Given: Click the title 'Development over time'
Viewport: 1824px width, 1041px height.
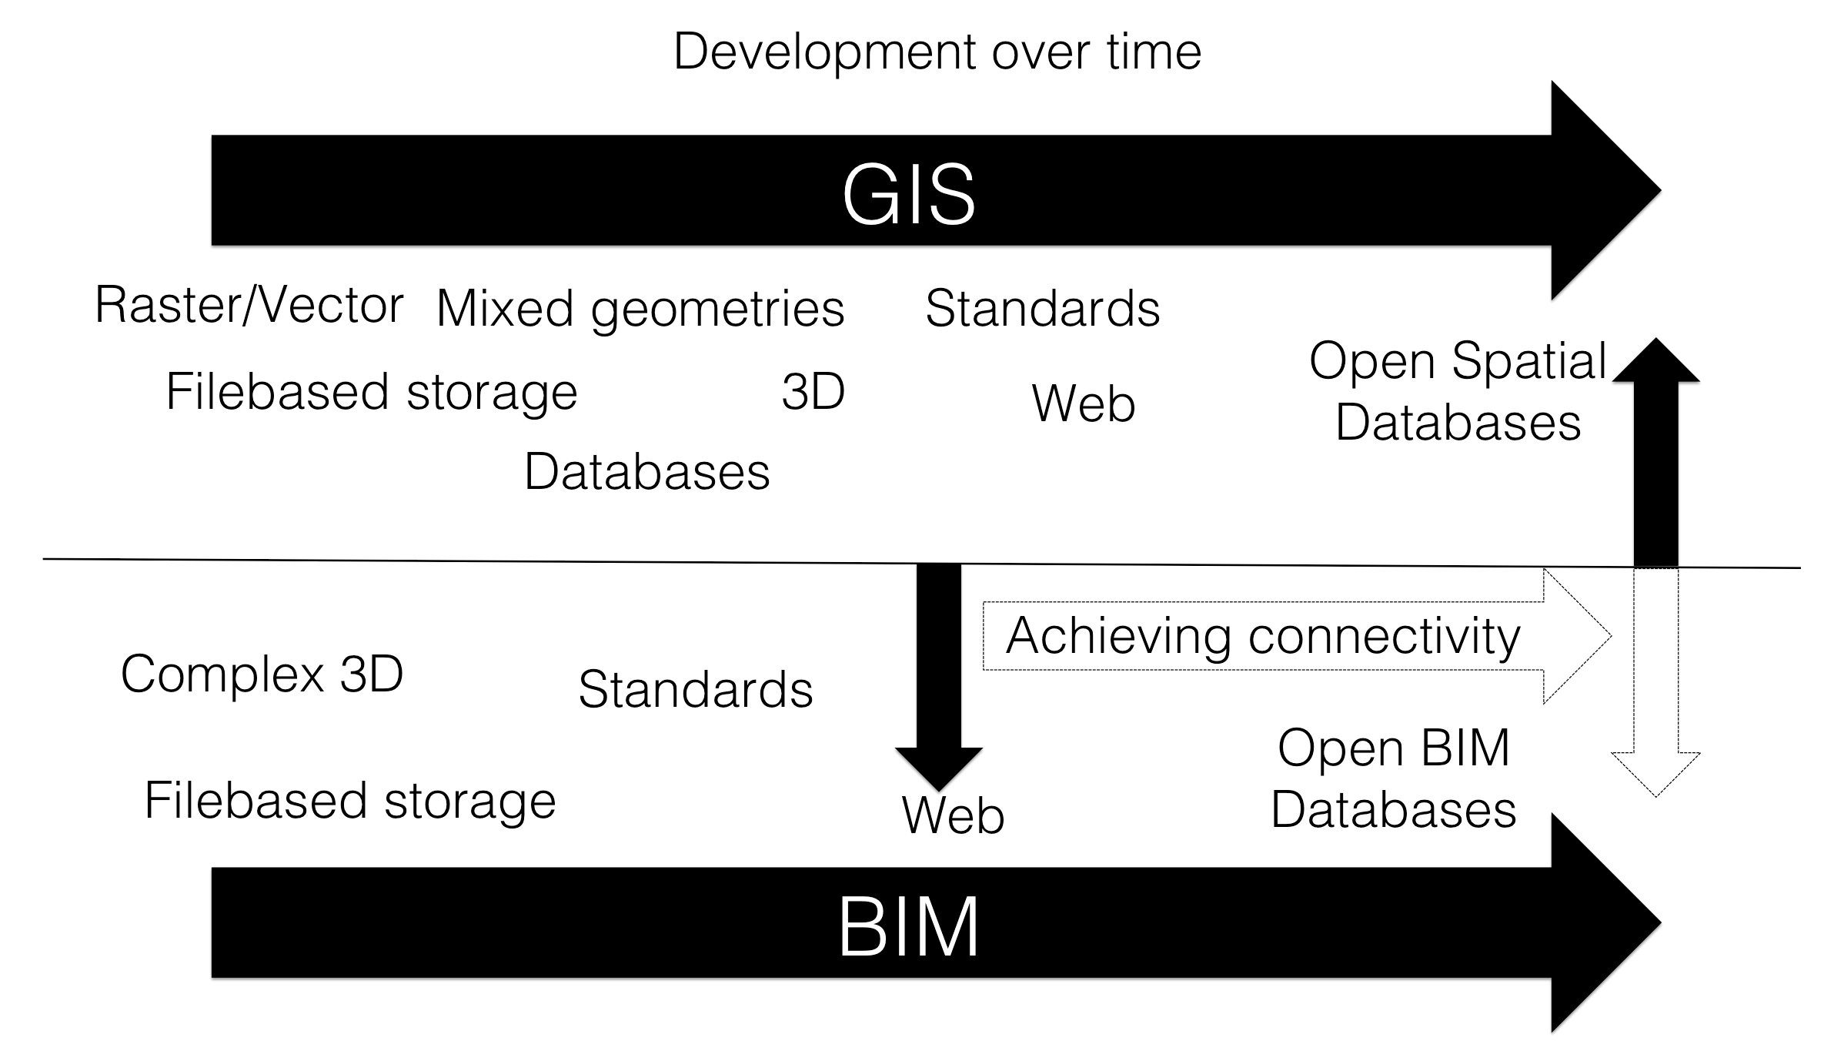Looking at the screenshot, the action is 937,52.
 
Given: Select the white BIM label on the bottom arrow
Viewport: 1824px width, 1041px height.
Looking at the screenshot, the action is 908,927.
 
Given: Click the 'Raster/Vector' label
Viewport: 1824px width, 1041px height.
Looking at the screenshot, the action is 249,305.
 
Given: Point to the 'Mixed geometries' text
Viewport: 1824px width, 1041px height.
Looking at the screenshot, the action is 640,310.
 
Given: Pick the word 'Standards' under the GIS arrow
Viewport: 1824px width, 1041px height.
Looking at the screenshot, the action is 1043,309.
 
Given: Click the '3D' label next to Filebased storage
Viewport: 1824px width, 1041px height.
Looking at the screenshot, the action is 813,392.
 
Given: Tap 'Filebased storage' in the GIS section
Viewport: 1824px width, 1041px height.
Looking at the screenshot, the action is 372,393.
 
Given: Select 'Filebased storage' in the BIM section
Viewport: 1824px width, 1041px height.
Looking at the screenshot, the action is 350,801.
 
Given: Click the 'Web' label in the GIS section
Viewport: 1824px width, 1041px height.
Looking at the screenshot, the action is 1084,403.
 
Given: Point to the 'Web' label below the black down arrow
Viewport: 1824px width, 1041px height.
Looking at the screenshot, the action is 953,815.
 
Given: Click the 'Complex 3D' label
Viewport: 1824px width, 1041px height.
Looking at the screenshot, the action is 262,675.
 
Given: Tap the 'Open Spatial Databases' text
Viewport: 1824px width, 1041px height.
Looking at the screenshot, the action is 1458,392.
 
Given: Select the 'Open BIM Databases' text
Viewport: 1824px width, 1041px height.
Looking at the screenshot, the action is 1394,778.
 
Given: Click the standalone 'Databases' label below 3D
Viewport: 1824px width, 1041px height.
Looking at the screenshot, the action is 647,471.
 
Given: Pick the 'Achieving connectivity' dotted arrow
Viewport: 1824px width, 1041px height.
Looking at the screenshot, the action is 1297,636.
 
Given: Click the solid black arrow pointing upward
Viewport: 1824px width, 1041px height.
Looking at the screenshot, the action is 1655,452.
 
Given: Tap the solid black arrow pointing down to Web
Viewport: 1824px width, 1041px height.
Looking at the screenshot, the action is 939,677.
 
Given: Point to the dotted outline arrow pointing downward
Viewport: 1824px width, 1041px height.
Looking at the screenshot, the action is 1655,683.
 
